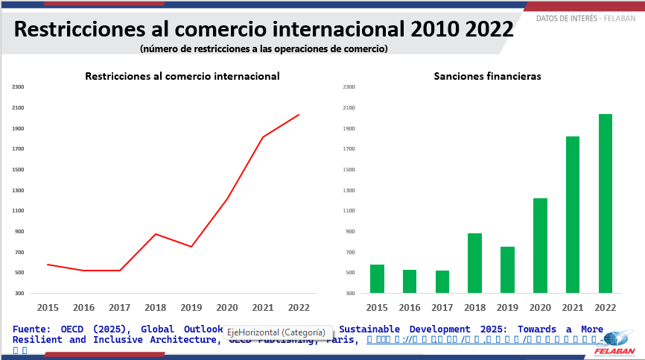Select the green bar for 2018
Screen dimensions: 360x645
tap(474, 263)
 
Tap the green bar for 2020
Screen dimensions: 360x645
tap(540, 245)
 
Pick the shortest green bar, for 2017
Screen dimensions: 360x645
tap(442, 282)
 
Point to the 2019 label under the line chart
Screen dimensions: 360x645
tap(191, 307)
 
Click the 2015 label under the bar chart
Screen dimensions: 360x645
tap(376, 307)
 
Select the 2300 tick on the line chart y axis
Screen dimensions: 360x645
tap(19, 87)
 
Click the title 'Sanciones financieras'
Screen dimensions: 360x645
tap(487, 76)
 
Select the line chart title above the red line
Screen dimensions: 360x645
tap(182, 76)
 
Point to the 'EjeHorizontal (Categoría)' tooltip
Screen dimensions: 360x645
tap(276, 332)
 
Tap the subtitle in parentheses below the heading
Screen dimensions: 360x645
tap(264, 49)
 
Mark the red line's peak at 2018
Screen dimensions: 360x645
tap(155, 234)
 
